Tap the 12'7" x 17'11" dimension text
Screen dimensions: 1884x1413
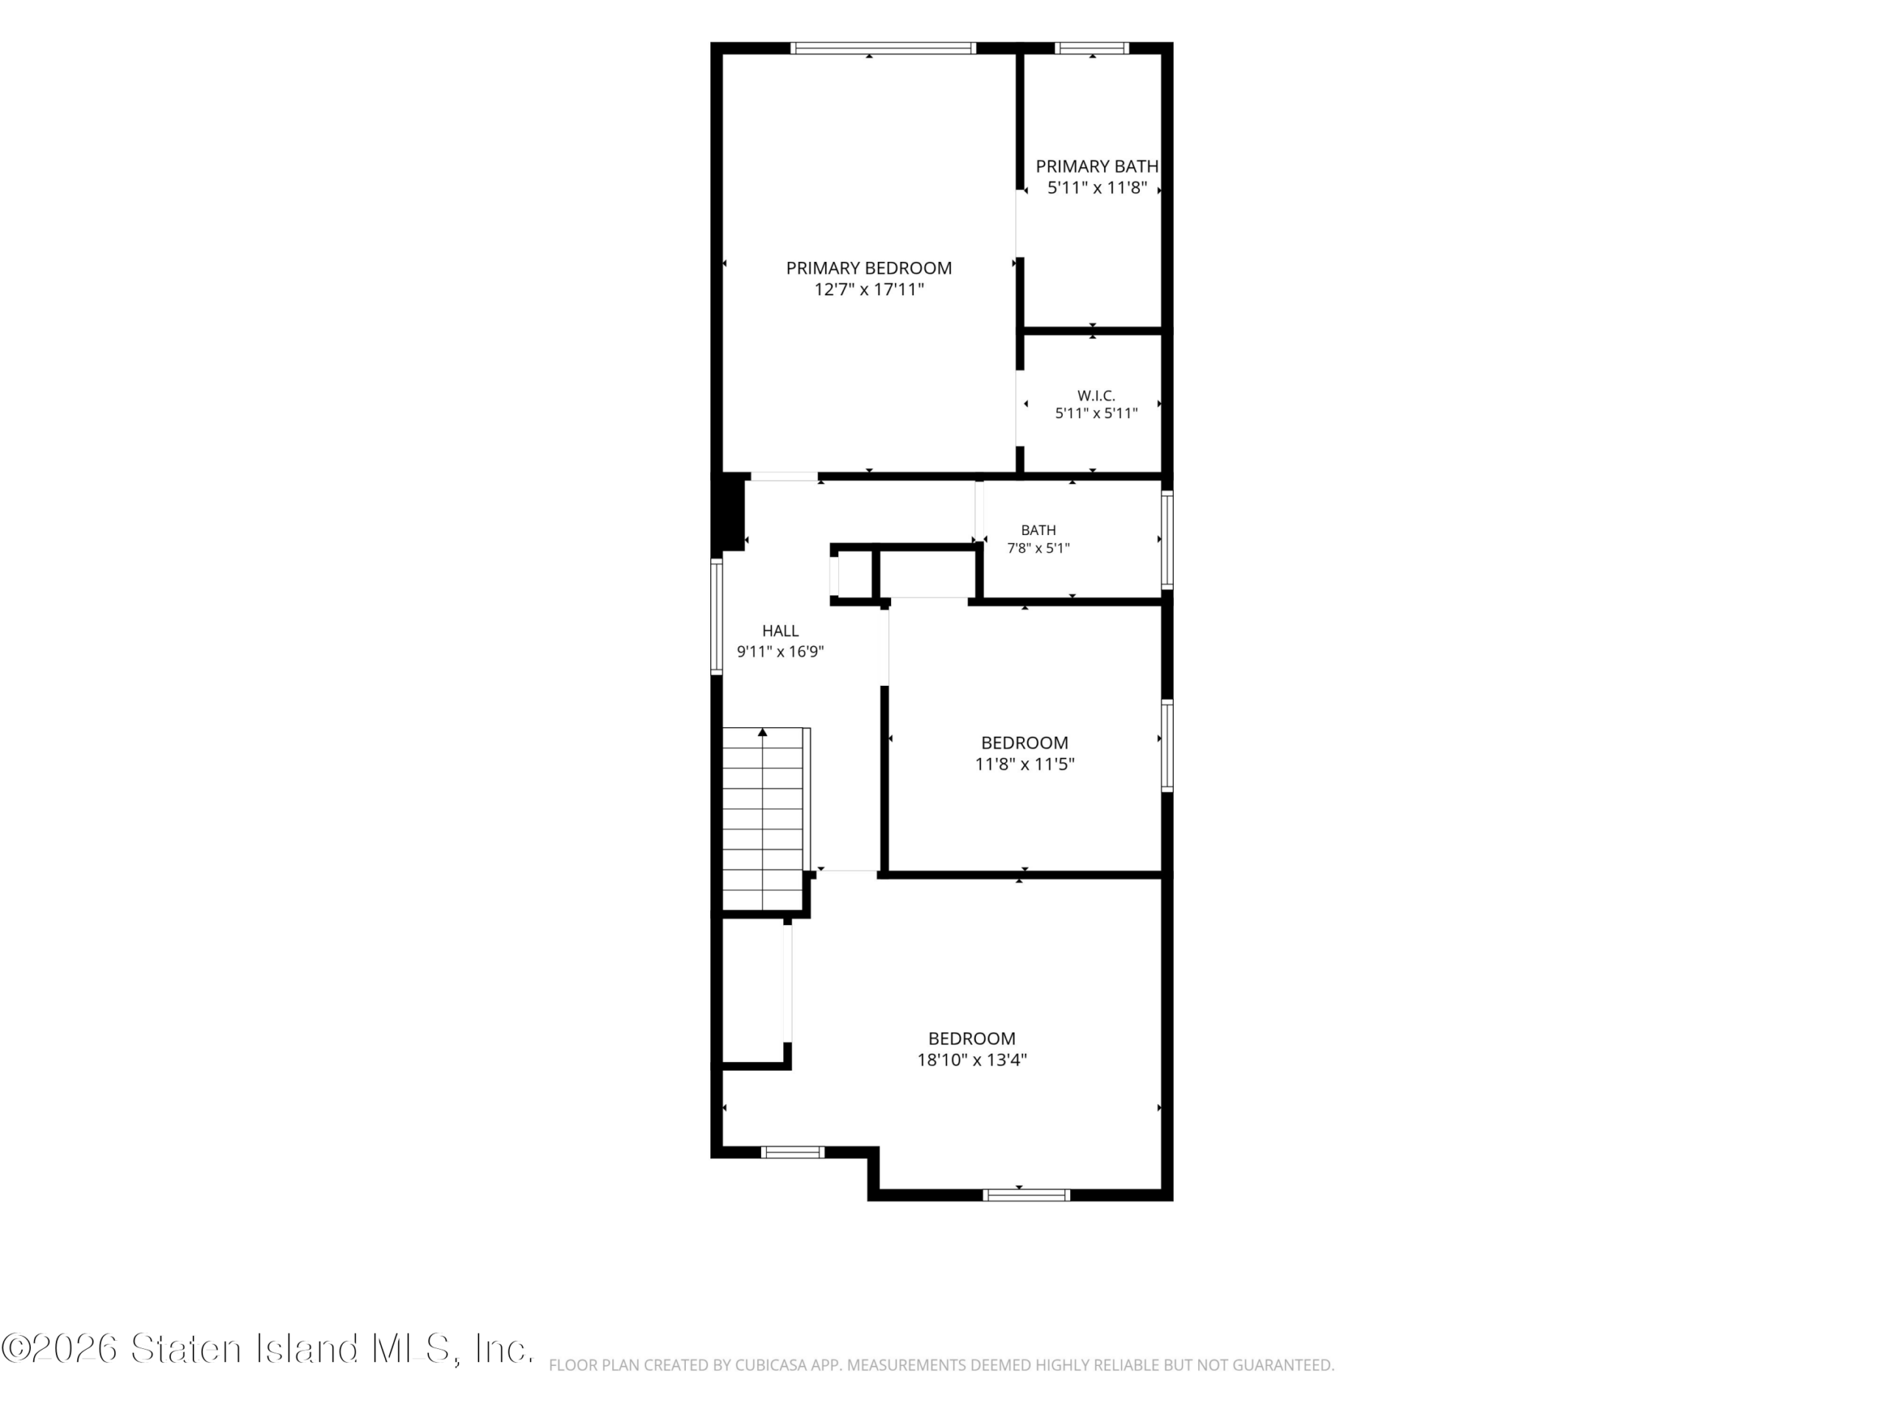(868, 289)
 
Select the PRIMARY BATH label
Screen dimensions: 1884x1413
(1097, 166)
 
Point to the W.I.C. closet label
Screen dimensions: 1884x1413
(1096, 395)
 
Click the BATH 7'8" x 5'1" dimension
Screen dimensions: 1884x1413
(1038, 548)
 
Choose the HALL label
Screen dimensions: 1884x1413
(780, 631)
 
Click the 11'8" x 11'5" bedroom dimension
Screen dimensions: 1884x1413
(1024, 764)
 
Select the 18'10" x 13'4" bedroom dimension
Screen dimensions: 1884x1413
(972, 1060)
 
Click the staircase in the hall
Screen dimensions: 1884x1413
(764, 819)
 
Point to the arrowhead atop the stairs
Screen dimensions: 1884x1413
(762, 732)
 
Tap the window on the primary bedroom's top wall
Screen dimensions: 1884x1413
(883, 48)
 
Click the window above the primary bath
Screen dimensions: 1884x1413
(1092, 48)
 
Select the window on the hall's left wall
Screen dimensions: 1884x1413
(716, 617)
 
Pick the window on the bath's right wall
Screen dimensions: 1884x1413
(1168, 540)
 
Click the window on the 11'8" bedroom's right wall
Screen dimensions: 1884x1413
(1168, 746)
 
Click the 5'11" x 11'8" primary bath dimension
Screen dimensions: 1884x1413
(1097, 188)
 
